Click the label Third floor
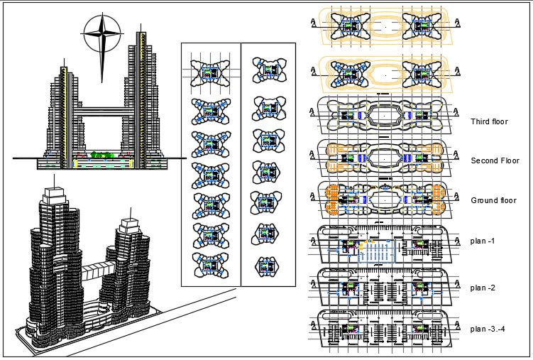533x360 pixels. click(489, 121)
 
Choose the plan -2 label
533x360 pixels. click(483, 288)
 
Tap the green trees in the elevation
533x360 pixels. click(102, 154)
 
